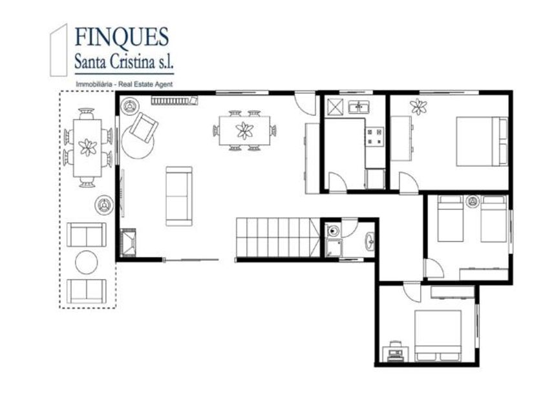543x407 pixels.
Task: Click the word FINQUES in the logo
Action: tap(122, 37)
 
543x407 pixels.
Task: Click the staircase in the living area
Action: tap(278, 238)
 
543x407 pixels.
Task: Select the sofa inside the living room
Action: tap(178, 196)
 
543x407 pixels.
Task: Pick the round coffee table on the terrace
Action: tap(87, 262)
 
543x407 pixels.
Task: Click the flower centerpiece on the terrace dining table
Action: tap(88, 147)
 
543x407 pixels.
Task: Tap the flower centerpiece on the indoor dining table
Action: tap(244, 130)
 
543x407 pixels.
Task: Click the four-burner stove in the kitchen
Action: tap(375, 136)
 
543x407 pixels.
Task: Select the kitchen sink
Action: tap(359, 107)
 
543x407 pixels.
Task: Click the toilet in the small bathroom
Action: tap(333, 231)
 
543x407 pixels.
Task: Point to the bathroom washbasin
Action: tap(370, 240)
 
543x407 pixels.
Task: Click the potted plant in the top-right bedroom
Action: tap(418, 107)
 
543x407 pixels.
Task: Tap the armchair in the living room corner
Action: tap(144, 127)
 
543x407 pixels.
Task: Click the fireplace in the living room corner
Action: tap(128, 243)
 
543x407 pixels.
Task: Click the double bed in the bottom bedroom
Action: tap(438, 336)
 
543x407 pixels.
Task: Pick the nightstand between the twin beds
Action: tap(473, 202)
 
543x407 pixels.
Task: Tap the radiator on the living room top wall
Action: tap(174, 100)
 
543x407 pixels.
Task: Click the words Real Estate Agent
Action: tap(145, 84)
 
